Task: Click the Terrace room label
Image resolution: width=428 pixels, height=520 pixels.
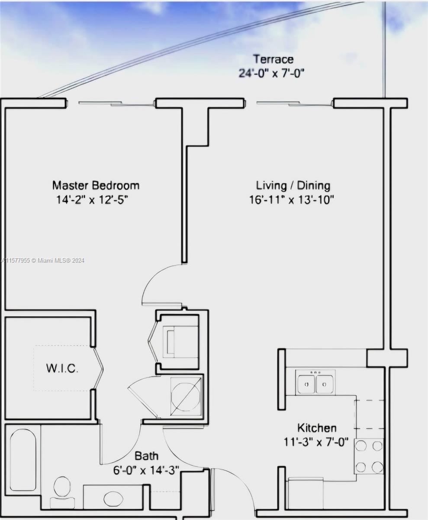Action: [x=274, y=59]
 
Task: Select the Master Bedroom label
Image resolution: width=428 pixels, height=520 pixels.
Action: [x=96, y=185]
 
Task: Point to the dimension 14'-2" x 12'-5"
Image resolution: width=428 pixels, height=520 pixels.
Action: [x=92, y=199]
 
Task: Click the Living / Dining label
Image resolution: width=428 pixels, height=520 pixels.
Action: [x=293, y=186]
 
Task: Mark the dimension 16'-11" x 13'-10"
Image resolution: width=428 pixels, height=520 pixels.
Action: [x=292, y=199]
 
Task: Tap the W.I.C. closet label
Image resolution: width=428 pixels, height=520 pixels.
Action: [x=62, y=368]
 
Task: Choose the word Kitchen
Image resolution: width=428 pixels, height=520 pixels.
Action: [x=317, y=428]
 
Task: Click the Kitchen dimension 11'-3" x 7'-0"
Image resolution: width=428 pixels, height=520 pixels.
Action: [x=316, y=442]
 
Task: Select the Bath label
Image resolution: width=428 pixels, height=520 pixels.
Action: [x=146, y=456]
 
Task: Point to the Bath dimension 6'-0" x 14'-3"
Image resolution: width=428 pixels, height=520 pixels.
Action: [x=146, y=470]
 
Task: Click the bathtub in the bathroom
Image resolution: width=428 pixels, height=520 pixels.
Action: [x=23, y=460]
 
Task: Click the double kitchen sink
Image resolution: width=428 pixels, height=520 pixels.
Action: [x=315, y=382]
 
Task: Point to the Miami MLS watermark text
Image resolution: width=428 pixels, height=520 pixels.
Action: [x=43, y=260]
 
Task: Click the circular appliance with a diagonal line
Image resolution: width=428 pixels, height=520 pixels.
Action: [x=186, y=396]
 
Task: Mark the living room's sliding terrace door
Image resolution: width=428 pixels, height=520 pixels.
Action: [x=294, y=104]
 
